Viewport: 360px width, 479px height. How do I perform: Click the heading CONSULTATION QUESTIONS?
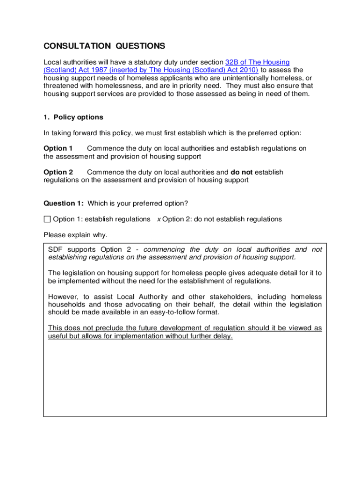tap(104, 46)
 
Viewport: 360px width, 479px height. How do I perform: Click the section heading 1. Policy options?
tap(73, 117)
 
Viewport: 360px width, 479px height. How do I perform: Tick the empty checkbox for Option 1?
tap(47, 219)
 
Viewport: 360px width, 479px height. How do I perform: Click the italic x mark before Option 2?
tap(158, 219)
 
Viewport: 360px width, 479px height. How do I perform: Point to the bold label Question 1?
tap(64, 203)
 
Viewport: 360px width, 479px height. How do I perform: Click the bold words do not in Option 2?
tap(242, 172)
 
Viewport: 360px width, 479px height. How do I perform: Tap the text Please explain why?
tap(75, 235)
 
